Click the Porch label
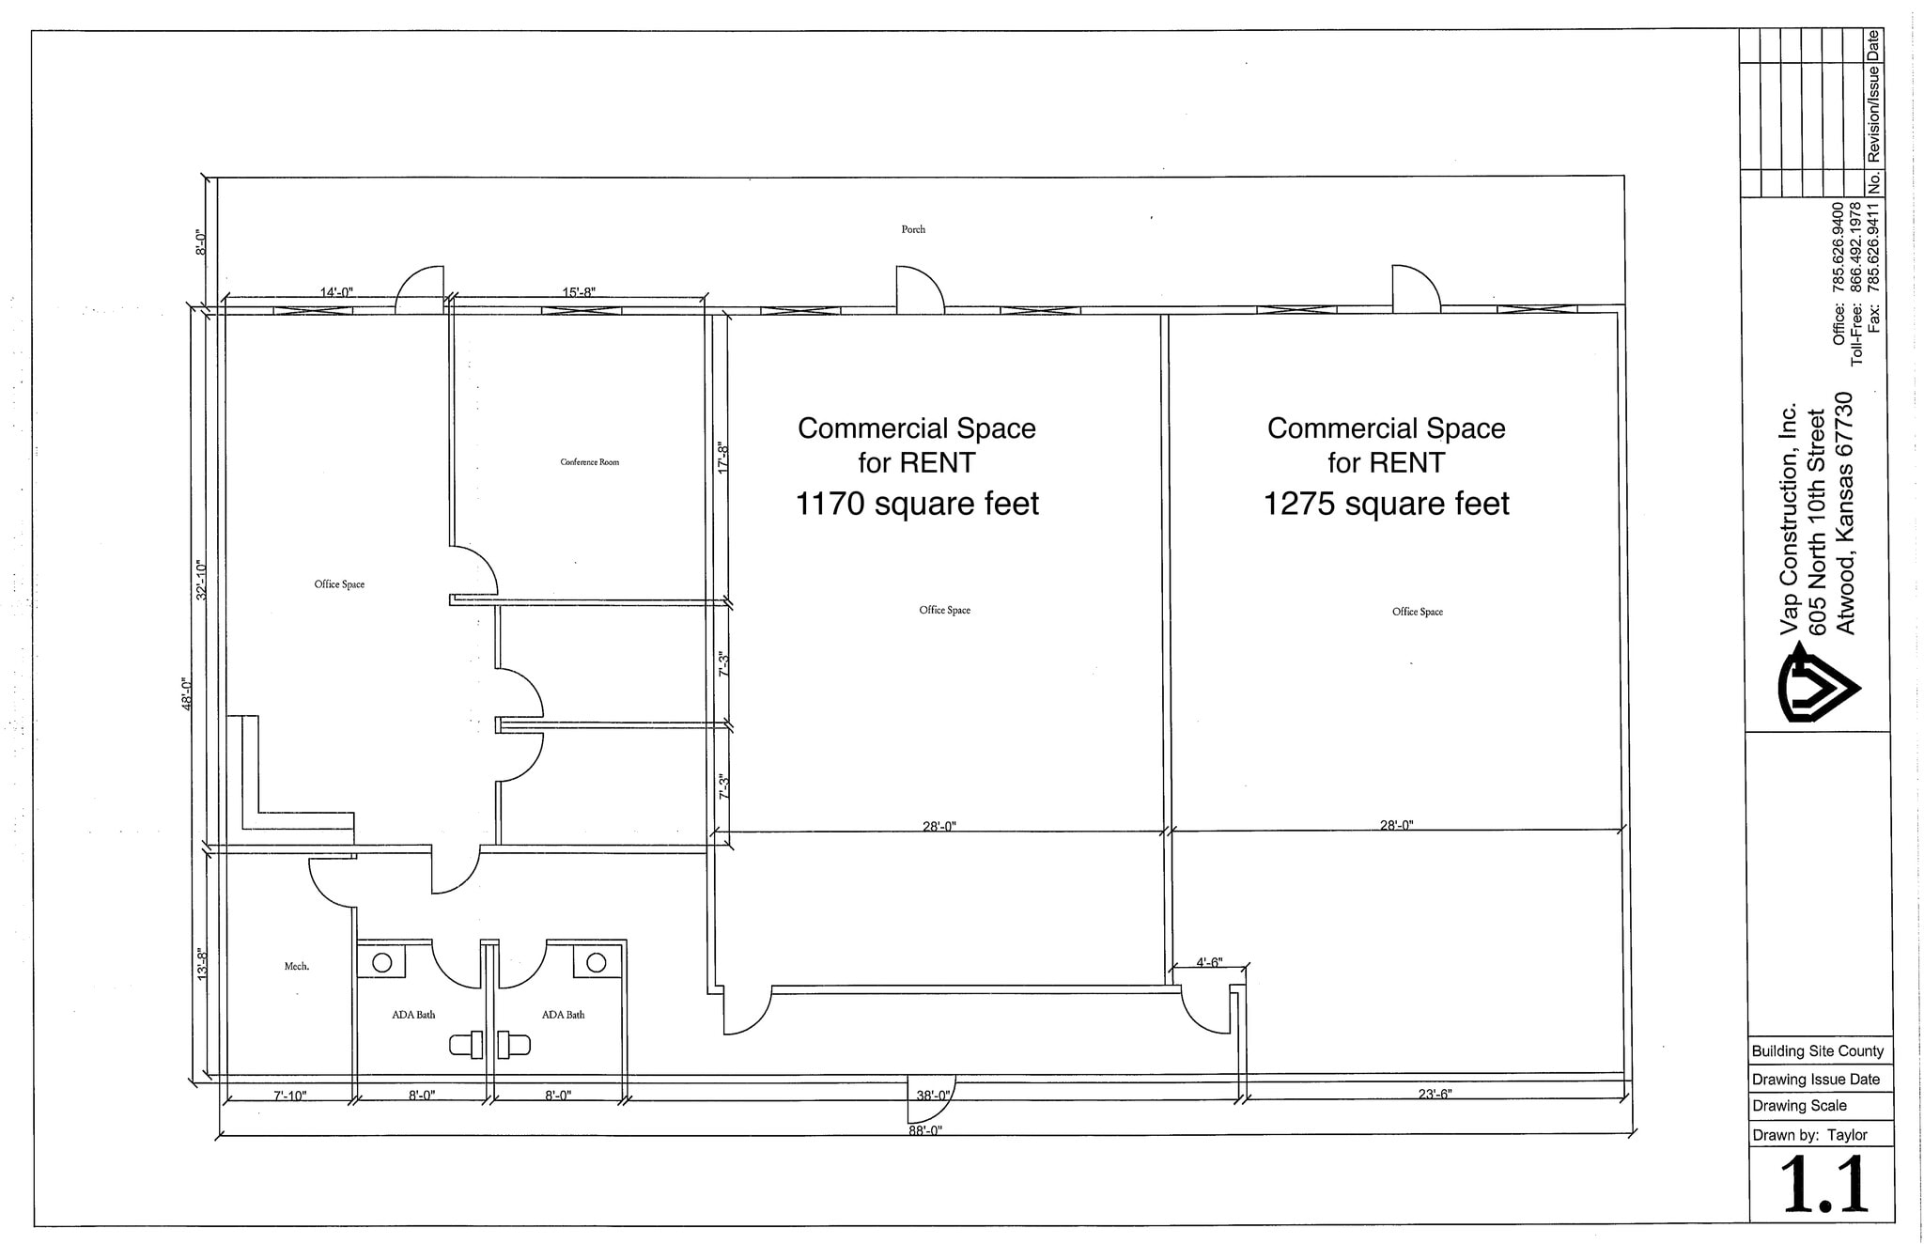point(912,229)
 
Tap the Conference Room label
point(589,462)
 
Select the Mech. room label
point(297,966)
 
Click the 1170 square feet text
point(917,505)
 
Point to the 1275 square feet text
point(1386,505)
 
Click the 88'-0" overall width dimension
point(925,1130)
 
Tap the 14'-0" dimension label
point(336,292)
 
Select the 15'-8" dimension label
point(579,292)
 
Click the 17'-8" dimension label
point(723,458)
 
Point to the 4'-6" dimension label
point(1209,962)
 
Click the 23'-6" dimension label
point(1435,1094)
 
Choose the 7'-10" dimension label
point(290,1096)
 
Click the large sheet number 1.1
point(1822,1186)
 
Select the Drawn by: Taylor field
point(1809,1135)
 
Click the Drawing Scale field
point(1799,1106)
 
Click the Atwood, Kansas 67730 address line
point(1846,513)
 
